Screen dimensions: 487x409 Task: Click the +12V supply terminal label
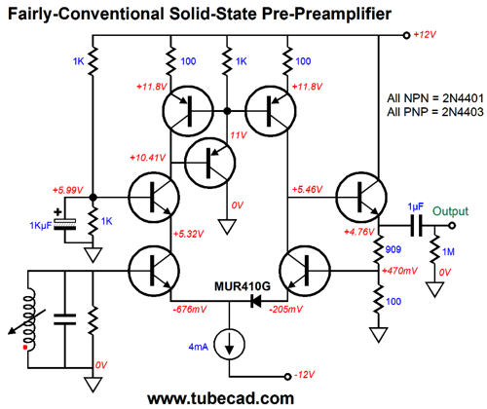pos(425,35)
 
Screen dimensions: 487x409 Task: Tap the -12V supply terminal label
pos(304,375)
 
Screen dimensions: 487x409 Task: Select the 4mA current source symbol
pos(230,345)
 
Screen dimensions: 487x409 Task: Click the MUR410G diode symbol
pos(256,301)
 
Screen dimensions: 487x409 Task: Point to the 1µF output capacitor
pos(416,225)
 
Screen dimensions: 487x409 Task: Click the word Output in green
pos(450,211)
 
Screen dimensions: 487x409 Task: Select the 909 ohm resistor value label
pos(393,249)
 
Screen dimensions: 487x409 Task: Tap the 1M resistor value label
pos(448,251)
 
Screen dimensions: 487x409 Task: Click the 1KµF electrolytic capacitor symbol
pos(64,224)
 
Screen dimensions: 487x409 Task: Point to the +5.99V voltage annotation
pos(68,190)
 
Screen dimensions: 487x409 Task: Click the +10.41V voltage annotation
pos(147,158)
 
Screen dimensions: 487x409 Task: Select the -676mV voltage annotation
pos(190,310)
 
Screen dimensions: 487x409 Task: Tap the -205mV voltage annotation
pos(285,310)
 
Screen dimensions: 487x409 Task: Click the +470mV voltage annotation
pos(399,271)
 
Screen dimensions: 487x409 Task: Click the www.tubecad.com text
pos(221,398)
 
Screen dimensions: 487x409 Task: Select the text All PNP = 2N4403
pos(435,112)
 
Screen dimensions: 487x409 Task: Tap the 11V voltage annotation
pos(239,135)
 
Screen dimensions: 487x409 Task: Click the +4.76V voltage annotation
pos(359,232)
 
